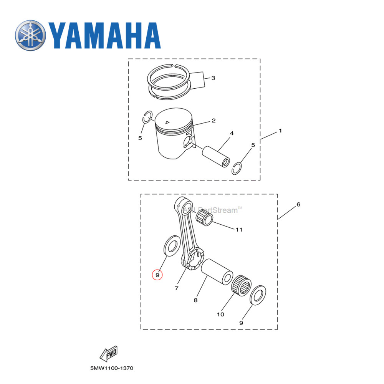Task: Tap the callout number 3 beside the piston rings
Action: click(213, 78)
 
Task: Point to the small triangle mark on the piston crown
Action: click(167, 122)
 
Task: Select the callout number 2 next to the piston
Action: click(213, 121)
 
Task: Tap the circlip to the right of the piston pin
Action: click(238, 168)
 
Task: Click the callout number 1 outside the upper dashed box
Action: click(280, 131)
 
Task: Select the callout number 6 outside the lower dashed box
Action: click(298, 204)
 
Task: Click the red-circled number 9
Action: click(157, 275)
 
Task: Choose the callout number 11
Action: click(239, 230)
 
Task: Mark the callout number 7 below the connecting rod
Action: click(176, 288)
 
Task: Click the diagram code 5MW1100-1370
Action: click(112, 368)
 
